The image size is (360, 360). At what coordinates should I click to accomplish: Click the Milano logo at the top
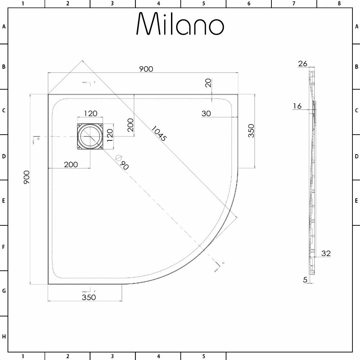point(180,24)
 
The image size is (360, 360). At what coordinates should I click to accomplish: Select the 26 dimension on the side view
point(303,64)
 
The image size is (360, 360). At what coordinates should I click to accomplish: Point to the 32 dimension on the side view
point(326,253)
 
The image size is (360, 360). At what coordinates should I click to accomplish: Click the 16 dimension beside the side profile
point(297,106)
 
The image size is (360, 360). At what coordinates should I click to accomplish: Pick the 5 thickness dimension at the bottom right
point(305,279)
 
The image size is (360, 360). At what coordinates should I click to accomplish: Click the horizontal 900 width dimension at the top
point(146,69)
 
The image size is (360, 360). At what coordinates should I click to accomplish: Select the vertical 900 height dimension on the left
point(26,178)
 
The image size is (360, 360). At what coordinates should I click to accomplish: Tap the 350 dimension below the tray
point(89,297)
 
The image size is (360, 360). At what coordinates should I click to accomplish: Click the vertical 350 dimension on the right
point(251,131)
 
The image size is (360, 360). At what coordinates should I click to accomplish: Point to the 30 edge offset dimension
point(206,113)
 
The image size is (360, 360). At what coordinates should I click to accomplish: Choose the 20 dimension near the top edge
point(208,83)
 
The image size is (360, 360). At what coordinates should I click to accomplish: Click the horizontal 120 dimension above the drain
point(90,113)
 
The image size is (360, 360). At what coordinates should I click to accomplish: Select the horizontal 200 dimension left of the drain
point(71,165)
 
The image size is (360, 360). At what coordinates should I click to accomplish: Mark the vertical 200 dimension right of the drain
point(130,125)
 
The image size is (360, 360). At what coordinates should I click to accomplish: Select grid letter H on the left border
point(4,337)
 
